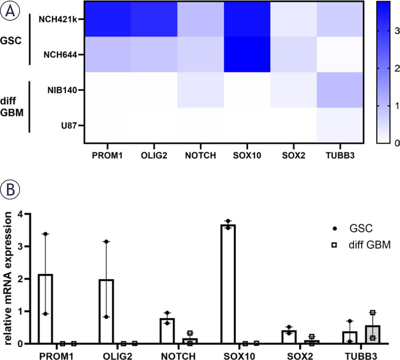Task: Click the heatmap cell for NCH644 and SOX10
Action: pyautogui.click(x=247, y=54)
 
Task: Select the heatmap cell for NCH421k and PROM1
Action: pyautogui.click(x=108, y=19)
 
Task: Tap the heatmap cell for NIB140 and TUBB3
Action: pyautogui.click(x=340, y=90)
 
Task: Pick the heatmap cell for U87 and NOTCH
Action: pyautogui.click(x=200, y=125)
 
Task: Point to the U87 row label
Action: pyautogui.click(x=68, y=126)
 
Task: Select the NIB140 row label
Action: pyautogui.click(x=61, y=90)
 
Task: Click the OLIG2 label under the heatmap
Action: pyautogui.click(x=154, y=156)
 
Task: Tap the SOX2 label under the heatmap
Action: pyautogui.click(x=293, y=156)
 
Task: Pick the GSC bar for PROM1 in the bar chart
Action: pyautogui.click(x=45, y=309)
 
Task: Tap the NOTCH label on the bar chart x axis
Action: pyautogui.click(x=178, y=356)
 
